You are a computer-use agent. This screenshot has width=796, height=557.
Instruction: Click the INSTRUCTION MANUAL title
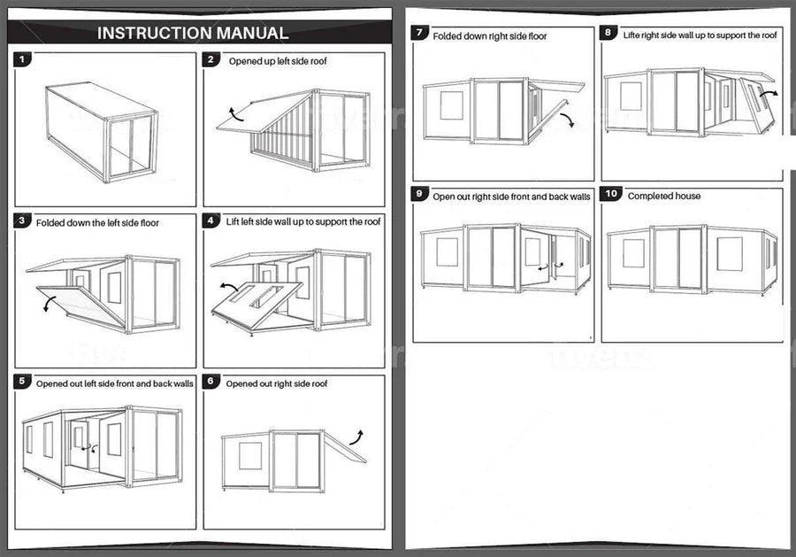pos(192,34)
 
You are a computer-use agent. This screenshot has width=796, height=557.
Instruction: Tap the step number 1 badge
pos(23,60)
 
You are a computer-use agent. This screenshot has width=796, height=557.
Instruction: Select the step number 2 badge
pos(211,60)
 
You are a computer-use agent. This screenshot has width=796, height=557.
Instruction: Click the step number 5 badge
pos(23,382)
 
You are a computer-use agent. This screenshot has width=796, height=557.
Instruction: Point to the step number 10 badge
pos(611,195)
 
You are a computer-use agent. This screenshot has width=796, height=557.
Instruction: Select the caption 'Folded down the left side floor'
pos(97,222)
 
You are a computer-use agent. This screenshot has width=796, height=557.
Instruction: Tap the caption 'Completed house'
pos(663,196)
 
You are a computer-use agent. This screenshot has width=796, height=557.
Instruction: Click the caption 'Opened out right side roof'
pos(277,383)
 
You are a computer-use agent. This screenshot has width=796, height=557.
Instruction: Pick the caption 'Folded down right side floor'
pos(489,36)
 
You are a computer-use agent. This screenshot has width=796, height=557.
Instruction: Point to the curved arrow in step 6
pos(357,436)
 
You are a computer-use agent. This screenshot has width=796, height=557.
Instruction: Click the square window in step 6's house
pos(250,456)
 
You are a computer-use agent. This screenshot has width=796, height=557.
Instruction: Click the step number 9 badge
pos(421,195)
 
